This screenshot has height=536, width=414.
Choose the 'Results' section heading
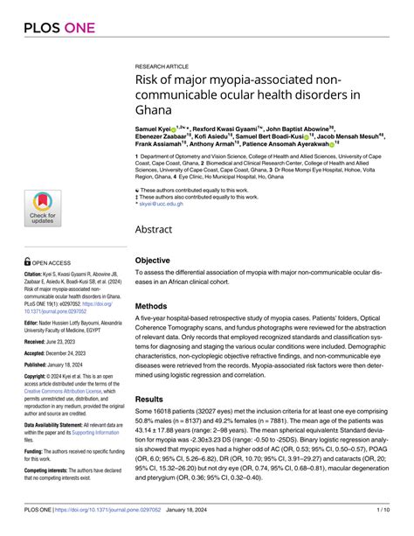[x=155, y=398]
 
